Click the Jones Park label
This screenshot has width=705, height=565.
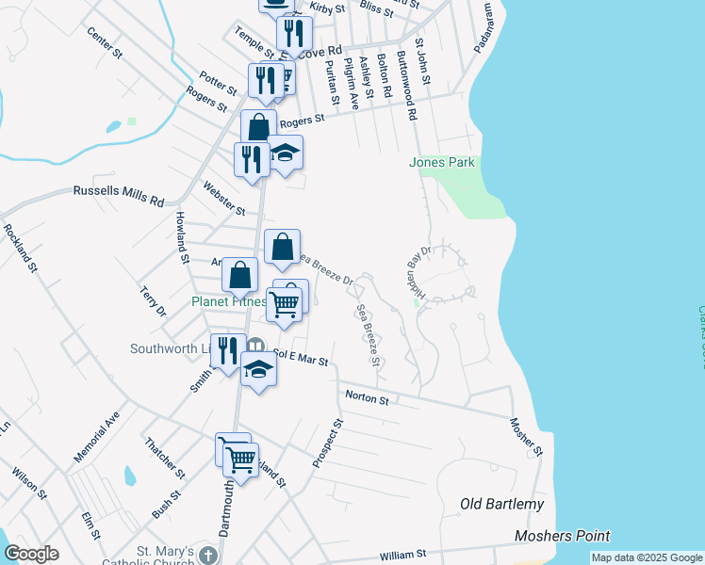click(x=441, y=163)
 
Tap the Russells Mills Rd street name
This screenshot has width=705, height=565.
click(x=119, y=196)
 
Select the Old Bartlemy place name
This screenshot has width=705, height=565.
click(x=501, y=504)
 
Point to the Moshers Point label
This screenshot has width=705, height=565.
click(x=563, y=536)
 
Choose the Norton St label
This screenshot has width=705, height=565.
click(x=368, y=399)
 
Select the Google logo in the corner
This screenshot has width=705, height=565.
click(x=31, y=554)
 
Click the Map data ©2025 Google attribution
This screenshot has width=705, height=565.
click(x=646, y=557)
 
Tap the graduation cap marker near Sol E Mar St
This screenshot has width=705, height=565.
click(x=258, y=370)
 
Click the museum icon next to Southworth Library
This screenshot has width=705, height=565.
click(x=256, y=346)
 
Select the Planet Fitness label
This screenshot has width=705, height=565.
click(x=228, y=302)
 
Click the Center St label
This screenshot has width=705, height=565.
click(x=105, y=42)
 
